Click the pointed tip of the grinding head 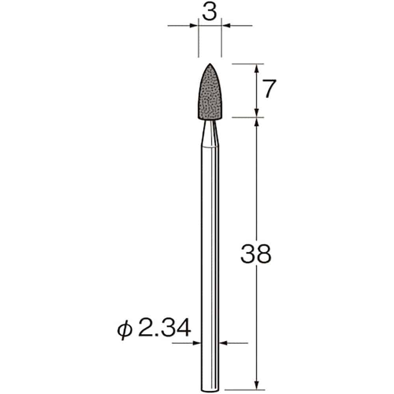210,64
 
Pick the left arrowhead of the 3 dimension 195,26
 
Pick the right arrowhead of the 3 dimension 226,26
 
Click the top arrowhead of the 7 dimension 256,68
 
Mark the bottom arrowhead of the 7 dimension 256,113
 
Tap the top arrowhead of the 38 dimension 256,121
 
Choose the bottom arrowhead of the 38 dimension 256,386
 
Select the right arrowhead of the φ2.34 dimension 223,343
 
